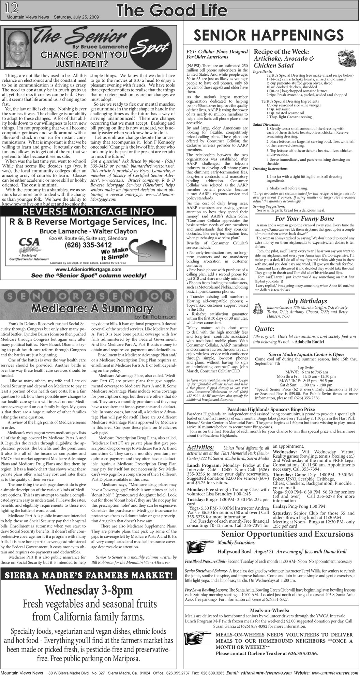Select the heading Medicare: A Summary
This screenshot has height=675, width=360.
point(92,308)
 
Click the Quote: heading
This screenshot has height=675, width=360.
point(265,329)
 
